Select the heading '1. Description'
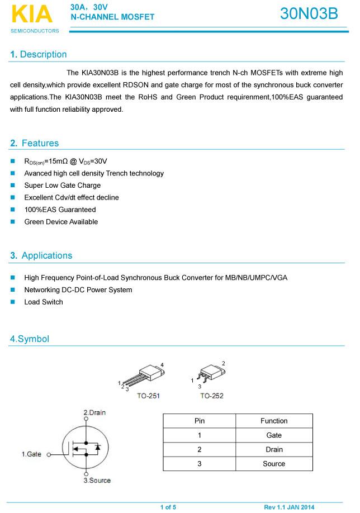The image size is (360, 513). pos(39,54)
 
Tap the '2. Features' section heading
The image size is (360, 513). pos(34,143)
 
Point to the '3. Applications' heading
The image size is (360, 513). pos(41,255)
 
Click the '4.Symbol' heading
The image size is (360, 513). pos(30,339)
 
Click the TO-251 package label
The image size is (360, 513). pos(148,396)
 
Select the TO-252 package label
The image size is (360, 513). pos(211,396)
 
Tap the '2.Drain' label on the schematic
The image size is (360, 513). pos(94,412)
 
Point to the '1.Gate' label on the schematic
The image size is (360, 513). pos(31,454)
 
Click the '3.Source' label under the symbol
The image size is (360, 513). pos(97,480)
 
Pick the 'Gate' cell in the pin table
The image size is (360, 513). pos(274,435)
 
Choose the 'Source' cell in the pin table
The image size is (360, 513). pos(274,464)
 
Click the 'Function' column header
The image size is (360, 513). pos(274,421)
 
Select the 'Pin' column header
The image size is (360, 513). pos(200,421)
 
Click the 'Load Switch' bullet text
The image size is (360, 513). pos(44,302)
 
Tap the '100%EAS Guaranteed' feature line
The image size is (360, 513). pos(60,210)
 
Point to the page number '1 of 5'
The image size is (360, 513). pos(168,507)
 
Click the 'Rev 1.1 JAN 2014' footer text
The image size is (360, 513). pos(289,507)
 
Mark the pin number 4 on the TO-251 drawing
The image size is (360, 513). pos(162,365)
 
